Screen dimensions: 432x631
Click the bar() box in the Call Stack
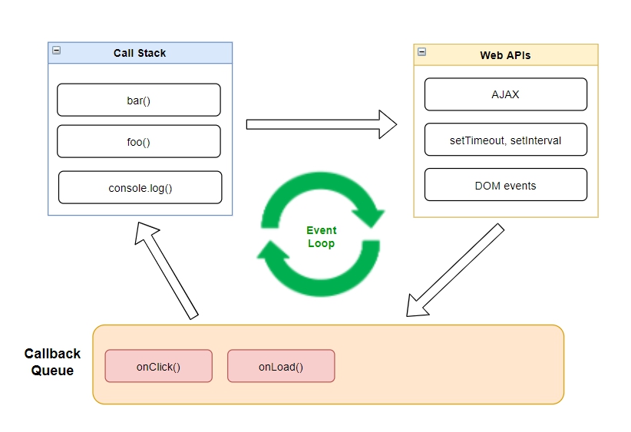coord(138,100)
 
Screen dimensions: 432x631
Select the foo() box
coord(138,141)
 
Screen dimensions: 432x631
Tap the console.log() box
coord(140,187)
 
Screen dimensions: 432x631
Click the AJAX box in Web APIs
coord(505,94)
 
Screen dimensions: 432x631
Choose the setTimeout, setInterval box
coord(505,140)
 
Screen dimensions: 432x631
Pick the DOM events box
coord(505,185)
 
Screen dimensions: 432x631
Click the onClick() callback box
coord(158,366)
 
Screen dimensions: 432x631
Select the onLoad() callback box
coord(281,366)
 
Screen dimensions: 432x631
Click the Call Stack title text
coord(140,53)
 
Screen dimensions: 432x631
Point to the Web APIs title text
coord(505,55)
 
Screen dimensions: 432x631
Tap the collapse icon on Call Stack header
coord(56,51)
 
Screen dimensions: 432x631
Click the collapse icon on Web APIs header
coord(421,53)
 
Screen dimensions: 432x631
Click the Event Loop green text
coord(321,236)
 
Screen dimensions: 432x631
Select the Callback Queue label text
coord(52,362)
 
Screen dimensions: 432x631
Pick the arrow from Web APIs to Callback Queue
coord(454,270)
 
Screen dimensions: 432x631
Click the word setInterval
coord(536,140)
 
